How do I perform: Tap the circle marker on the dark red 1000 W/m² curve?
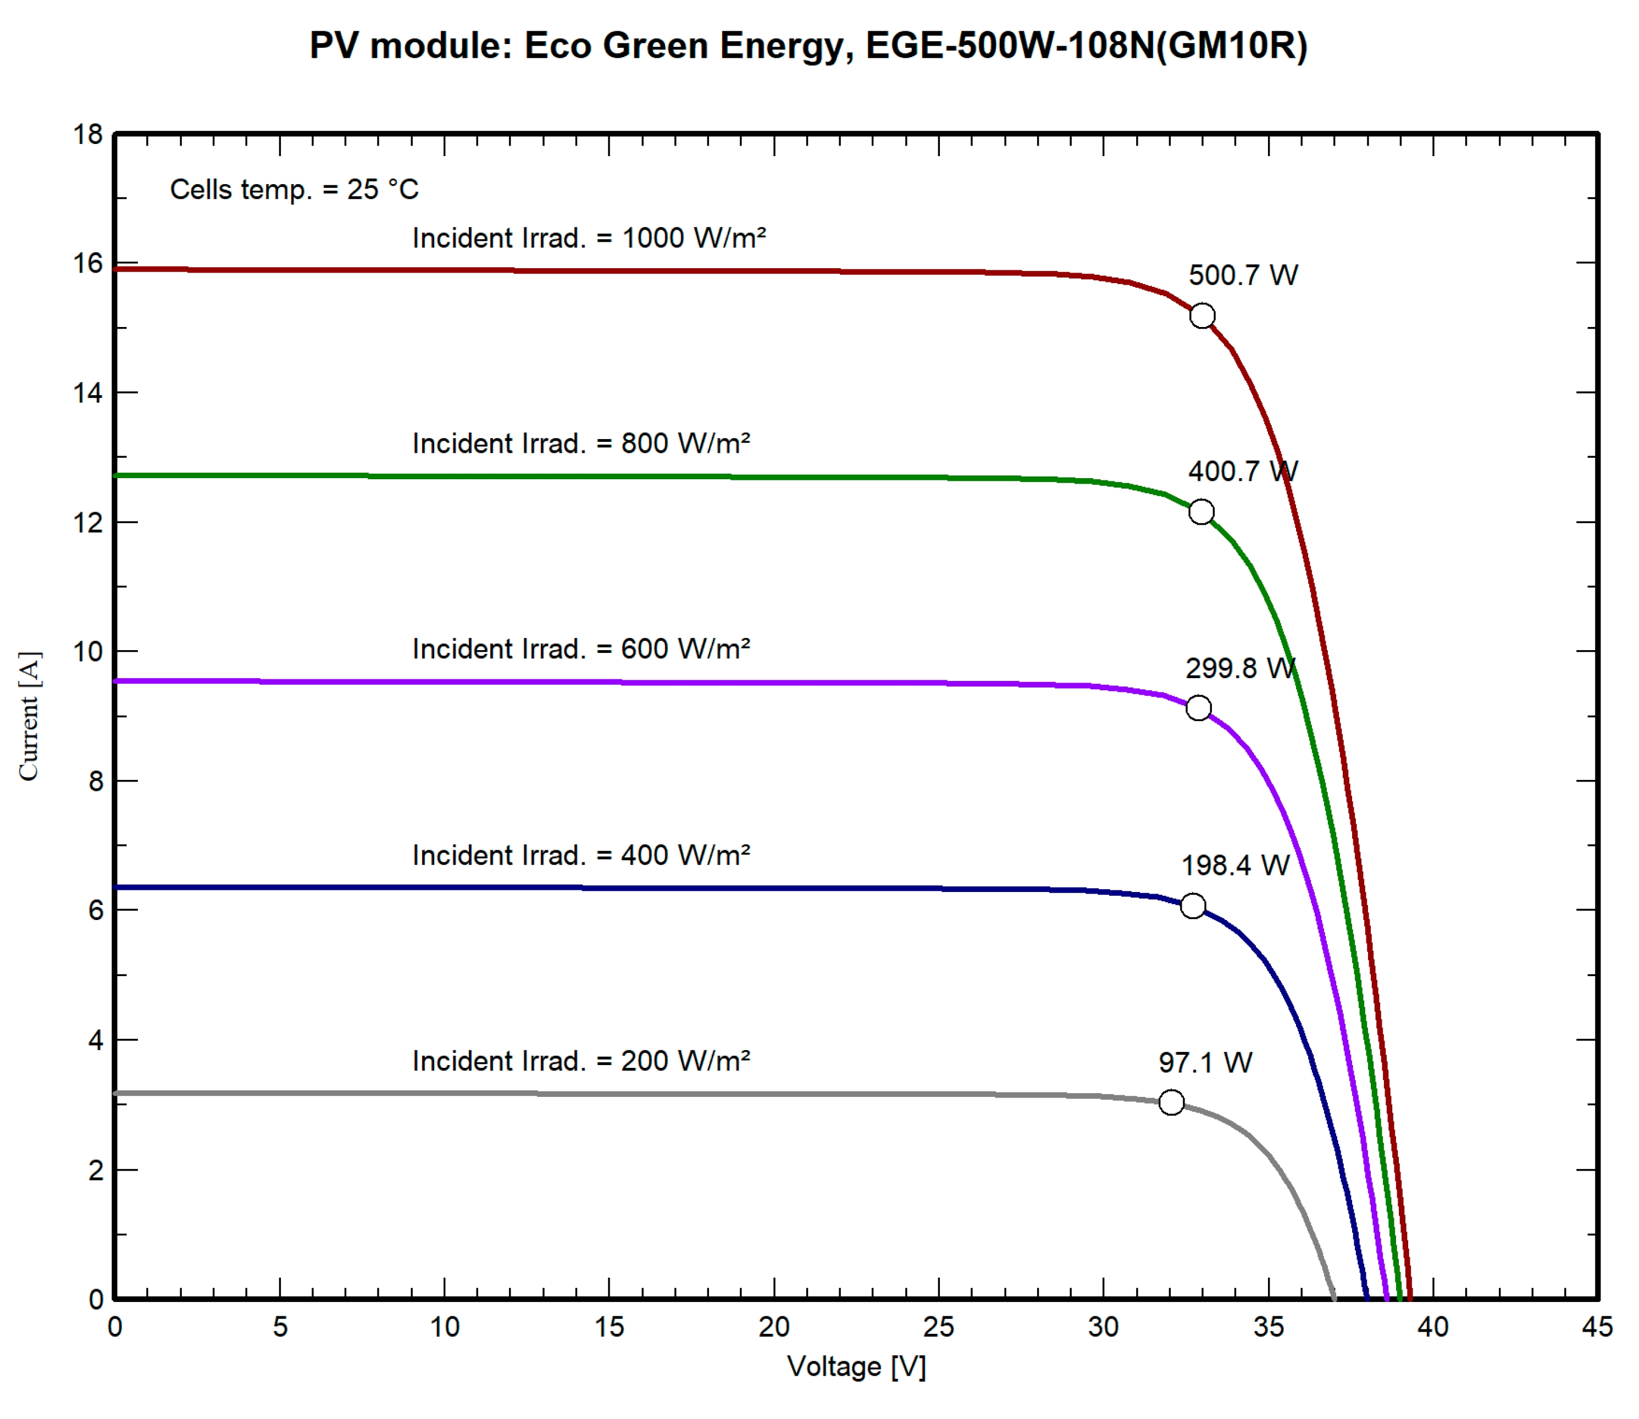[x=1202, y=316]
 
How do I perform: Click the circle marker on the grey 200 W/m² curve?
[x=1171, y=1102]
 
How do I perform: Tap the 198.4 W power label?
[x=1234, y=866]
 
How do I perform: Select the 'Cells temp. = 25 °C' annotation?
[x=294, y=190]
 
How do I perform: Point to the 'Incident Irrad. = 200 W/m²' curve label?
[x=580, y=1061]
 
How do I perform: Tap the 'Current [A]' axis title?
[x=29, y=716]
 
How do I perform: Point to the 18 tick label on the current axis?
[x=88, y=135]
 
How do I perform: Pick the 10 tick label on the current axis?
[x=88, y=652]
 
